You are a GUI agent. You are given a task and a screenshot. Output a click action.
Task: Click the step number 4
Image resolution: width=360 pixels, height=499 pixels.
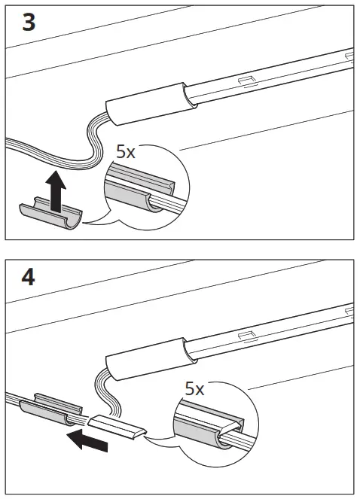28,277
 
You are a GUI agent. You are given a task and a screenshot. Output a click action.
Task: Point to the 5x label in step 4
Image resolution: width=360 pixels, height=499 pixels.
194,389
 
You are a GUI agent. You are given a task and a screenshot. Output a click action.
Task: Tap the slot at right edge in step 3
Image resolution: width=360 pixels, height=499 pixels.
349,55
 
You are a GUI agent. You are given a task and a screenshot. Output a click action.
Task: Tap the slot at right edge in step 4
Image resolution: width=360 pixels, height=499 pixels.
349,310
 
